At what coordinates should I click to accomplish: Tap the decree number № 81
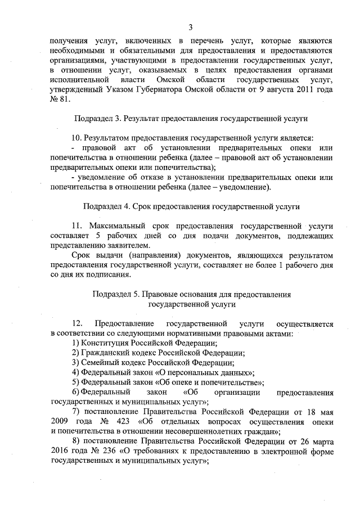click(60, 100)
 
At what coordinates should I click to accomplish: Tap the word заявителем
click(128, 246)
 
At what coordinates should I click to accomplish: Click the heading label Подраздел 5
click(118, 294)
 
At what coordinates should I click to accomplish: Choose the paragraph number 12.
click(78, 324)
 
